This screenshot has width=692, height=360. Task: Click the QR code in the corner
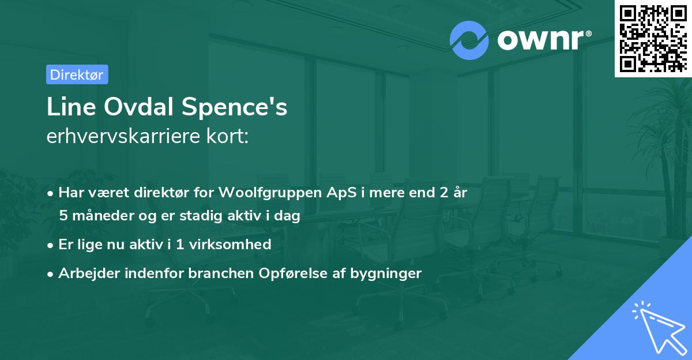click(652, 37)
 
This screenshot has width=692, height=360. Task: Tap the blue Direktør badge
click(77, 74)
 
